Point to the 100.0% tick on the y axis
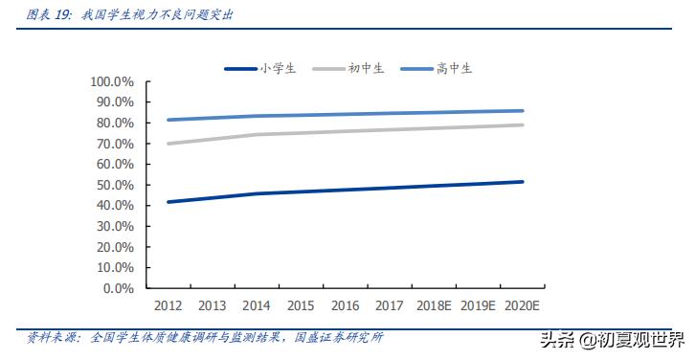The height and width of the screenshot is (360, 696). [x=113, y=81]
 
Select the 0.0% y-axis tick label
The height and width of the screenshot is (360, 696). [x=119, y=287]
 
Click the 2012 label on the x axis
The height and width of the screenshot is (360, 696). [x=168, y=305]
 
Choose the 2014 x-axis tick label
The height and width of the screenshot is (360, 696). [x=257, y=305]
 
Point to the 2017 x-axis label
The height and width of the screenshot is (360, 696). [x=390, y=305]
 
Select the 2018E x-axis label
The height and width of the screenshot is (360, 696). [x=434, y=305]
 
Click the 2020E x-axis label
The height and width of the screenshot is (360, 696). [x=522, y=305]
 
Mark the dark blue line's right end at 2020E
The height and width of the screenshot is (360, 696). [x=522, y=182]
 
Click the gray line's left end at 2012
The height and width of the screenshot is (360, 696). [x=168, y=144]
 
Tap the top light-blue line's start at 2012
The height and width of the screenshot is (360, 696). [x=168, y=120]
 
